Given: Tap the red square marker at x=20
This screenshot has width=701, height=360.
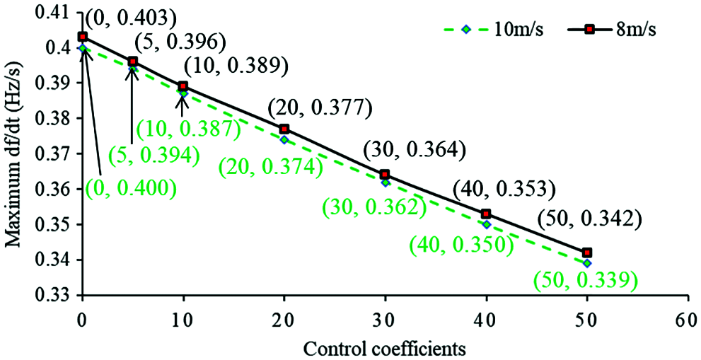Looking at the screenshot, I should [x=284, y=129].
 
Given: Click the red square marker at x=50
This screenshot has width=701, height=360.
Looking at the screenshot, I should [x=587, y=252].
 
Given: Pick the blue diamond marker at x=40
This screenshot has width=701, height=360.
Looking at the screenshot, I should [x=487, y=224].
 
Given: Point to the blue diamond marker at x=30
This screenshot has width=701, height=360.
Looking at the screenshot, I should [x=386, y=182].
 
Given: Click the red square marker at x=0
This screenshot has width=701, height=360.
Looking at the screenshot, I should [x=83, y=36].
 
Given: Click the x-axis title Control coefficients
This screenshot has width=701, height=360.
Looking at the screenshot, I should [x=386, y=349].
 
